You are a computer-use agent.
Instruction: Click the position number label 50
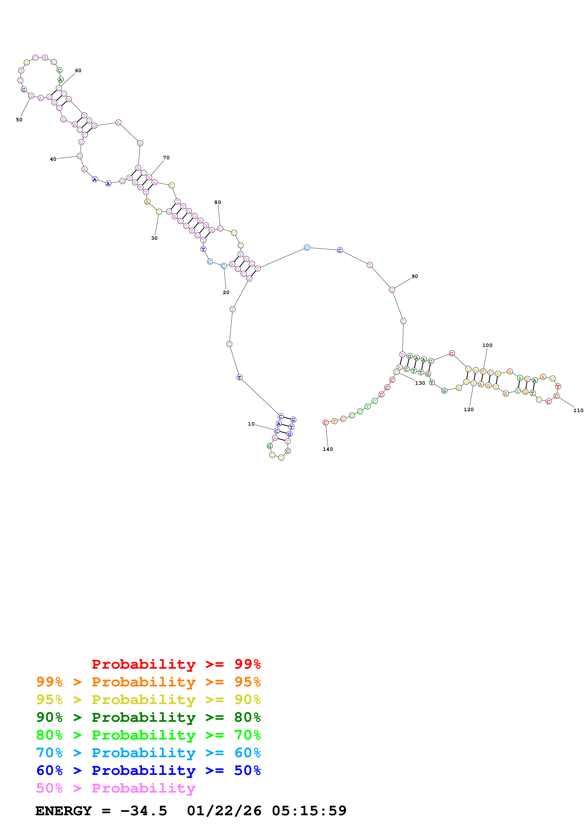tap(19, 120)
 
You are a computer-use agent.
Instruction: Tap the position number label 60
tap(78, 71)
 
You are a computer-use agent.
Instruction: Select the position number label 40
tap(53, 159)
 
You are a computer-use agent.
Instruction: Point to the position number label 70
tap(166, 158)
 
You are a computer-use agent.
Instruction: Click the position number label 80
tap(218, 202)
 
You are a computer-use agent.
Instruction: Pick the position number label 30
tap(154, 238)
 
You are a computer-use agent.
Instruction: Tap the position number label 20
tap(226, 292)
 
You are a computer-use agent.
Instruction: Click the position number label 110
tap(578, 410)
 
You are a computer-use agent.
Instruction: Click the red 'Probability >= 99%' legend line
tap(176, 664)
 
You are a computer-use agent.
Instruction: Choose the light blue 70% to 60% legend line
tap(148, 753)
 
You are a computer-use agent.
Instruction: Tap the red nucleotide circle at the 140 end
tap(325, 423)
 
